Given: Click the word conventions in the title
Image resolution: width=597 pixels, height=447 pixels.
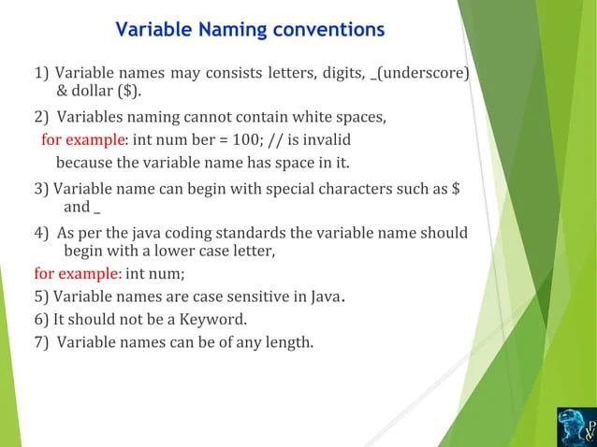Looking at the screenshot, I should point(328,30).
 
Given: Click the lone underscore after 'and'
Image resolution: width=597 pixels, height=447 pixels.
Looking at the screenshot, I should point(97,208).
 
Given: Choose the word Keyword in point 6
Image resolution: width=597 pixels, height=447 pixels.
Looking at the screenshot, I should point(214,319).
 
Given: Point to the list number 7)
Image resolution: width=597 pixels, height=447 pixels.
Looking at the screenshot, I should point(41,341).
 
